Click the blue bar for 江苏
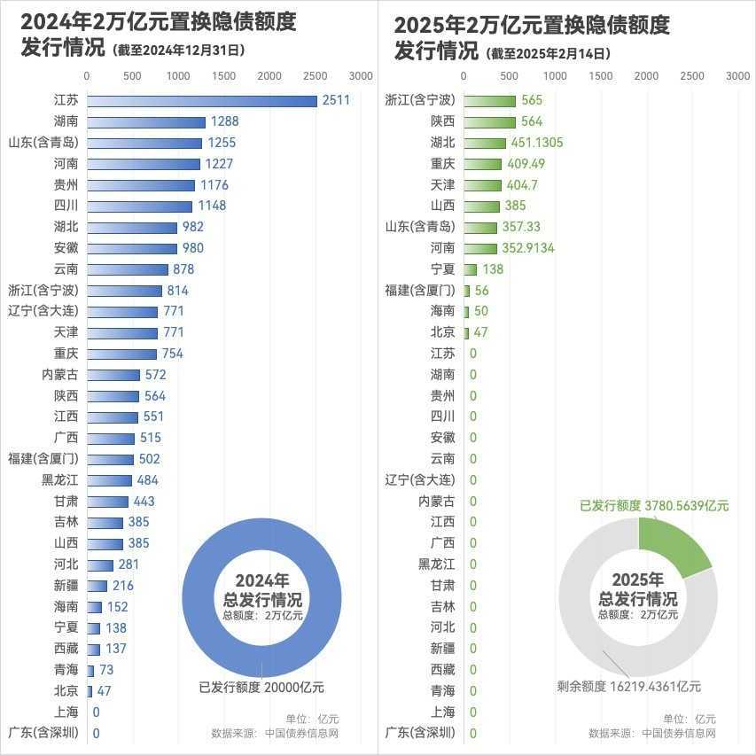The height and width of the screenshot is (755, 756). (202, 101)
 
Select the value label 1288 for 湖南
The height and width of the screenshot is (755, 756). (224, 121)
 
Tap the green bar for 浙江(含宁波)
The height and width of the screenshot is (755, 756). (490, 101)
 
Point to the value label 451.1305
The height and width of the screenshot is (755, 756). (537, 143)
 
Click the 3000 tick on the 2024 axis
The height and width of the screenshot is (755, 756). (361, 76)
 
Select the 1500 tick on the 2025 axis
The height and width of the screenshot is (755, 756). (601, 76)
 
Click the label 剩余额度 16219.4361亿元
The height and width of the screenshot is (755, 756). (629, 686)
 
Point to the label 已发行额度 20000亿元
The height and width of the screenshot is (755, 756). (261, 687)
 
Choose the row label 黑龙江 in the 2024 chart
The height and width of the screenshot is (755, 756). (60, 480)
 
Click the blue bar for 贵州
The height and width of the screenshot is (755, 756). (141, 185)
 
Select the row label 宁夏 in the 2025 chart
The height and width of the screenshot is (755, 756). (442, 269)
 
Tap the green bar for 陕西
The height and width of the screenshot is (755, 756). (490, 121)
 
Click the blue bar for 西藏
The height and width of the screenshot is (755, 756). (94, 649)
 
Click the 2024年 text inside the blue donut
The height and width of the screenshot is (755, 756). (261, 580)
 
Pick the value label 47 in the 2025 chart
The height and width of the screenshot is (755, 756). (480, 332)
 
